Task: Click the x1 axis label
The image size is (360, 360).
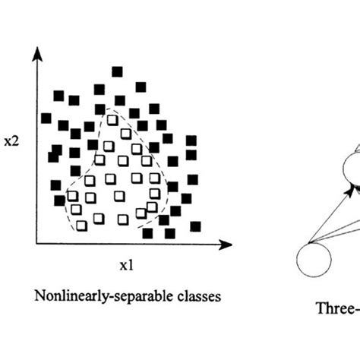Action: [x=126, y=266]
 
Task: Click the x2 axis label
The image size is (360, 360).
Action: [x=11, y=142]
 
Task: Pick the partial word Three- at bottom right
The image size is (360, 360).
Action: [x=337, y=309]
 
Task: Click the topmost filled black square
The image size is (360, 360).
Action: [x=116, y=71]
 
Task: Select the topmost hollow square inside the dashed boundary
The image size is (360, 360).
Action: [x=113, y=120]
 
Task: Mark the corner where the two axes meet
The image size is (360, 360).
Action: [x=36, y=245]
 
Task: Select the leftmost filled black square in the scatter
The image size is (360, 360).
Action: [x=46, y=118]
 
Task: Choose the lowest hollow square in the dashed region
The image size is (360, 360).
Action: [x=81, y=226]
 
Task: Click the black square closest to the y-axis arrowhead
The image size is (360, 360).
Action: [x=58, y=96]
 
